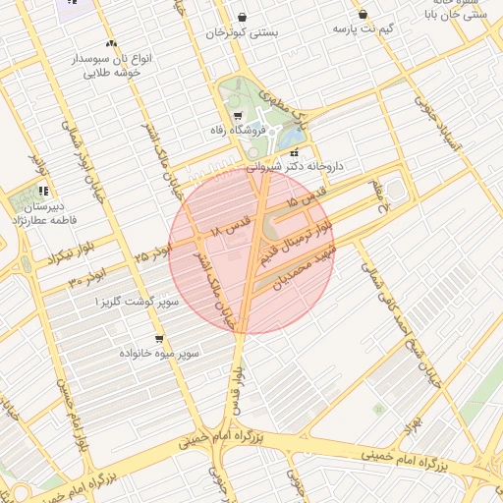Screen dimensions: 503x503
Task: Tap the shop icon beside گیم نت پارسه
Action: pyautogui.click(x=363, y=15)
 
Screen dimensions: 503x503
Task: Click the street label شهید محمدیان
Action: pyautogui.click(x=306, y=272)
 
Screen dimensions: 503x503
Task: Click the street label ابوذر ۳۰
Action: pyautogui.click(x=86, y=280)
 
